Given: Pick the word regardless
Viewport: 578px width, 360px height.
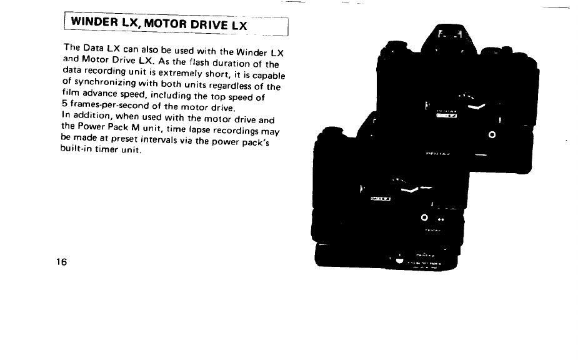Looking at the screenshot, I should [x=225, y=87].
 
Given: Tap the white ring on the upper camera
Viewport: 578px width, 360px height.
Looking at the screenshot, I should [x=492, y=135].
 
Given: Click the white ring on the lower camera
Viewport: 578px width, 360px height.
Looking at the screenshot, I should [x=424, y=217].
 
